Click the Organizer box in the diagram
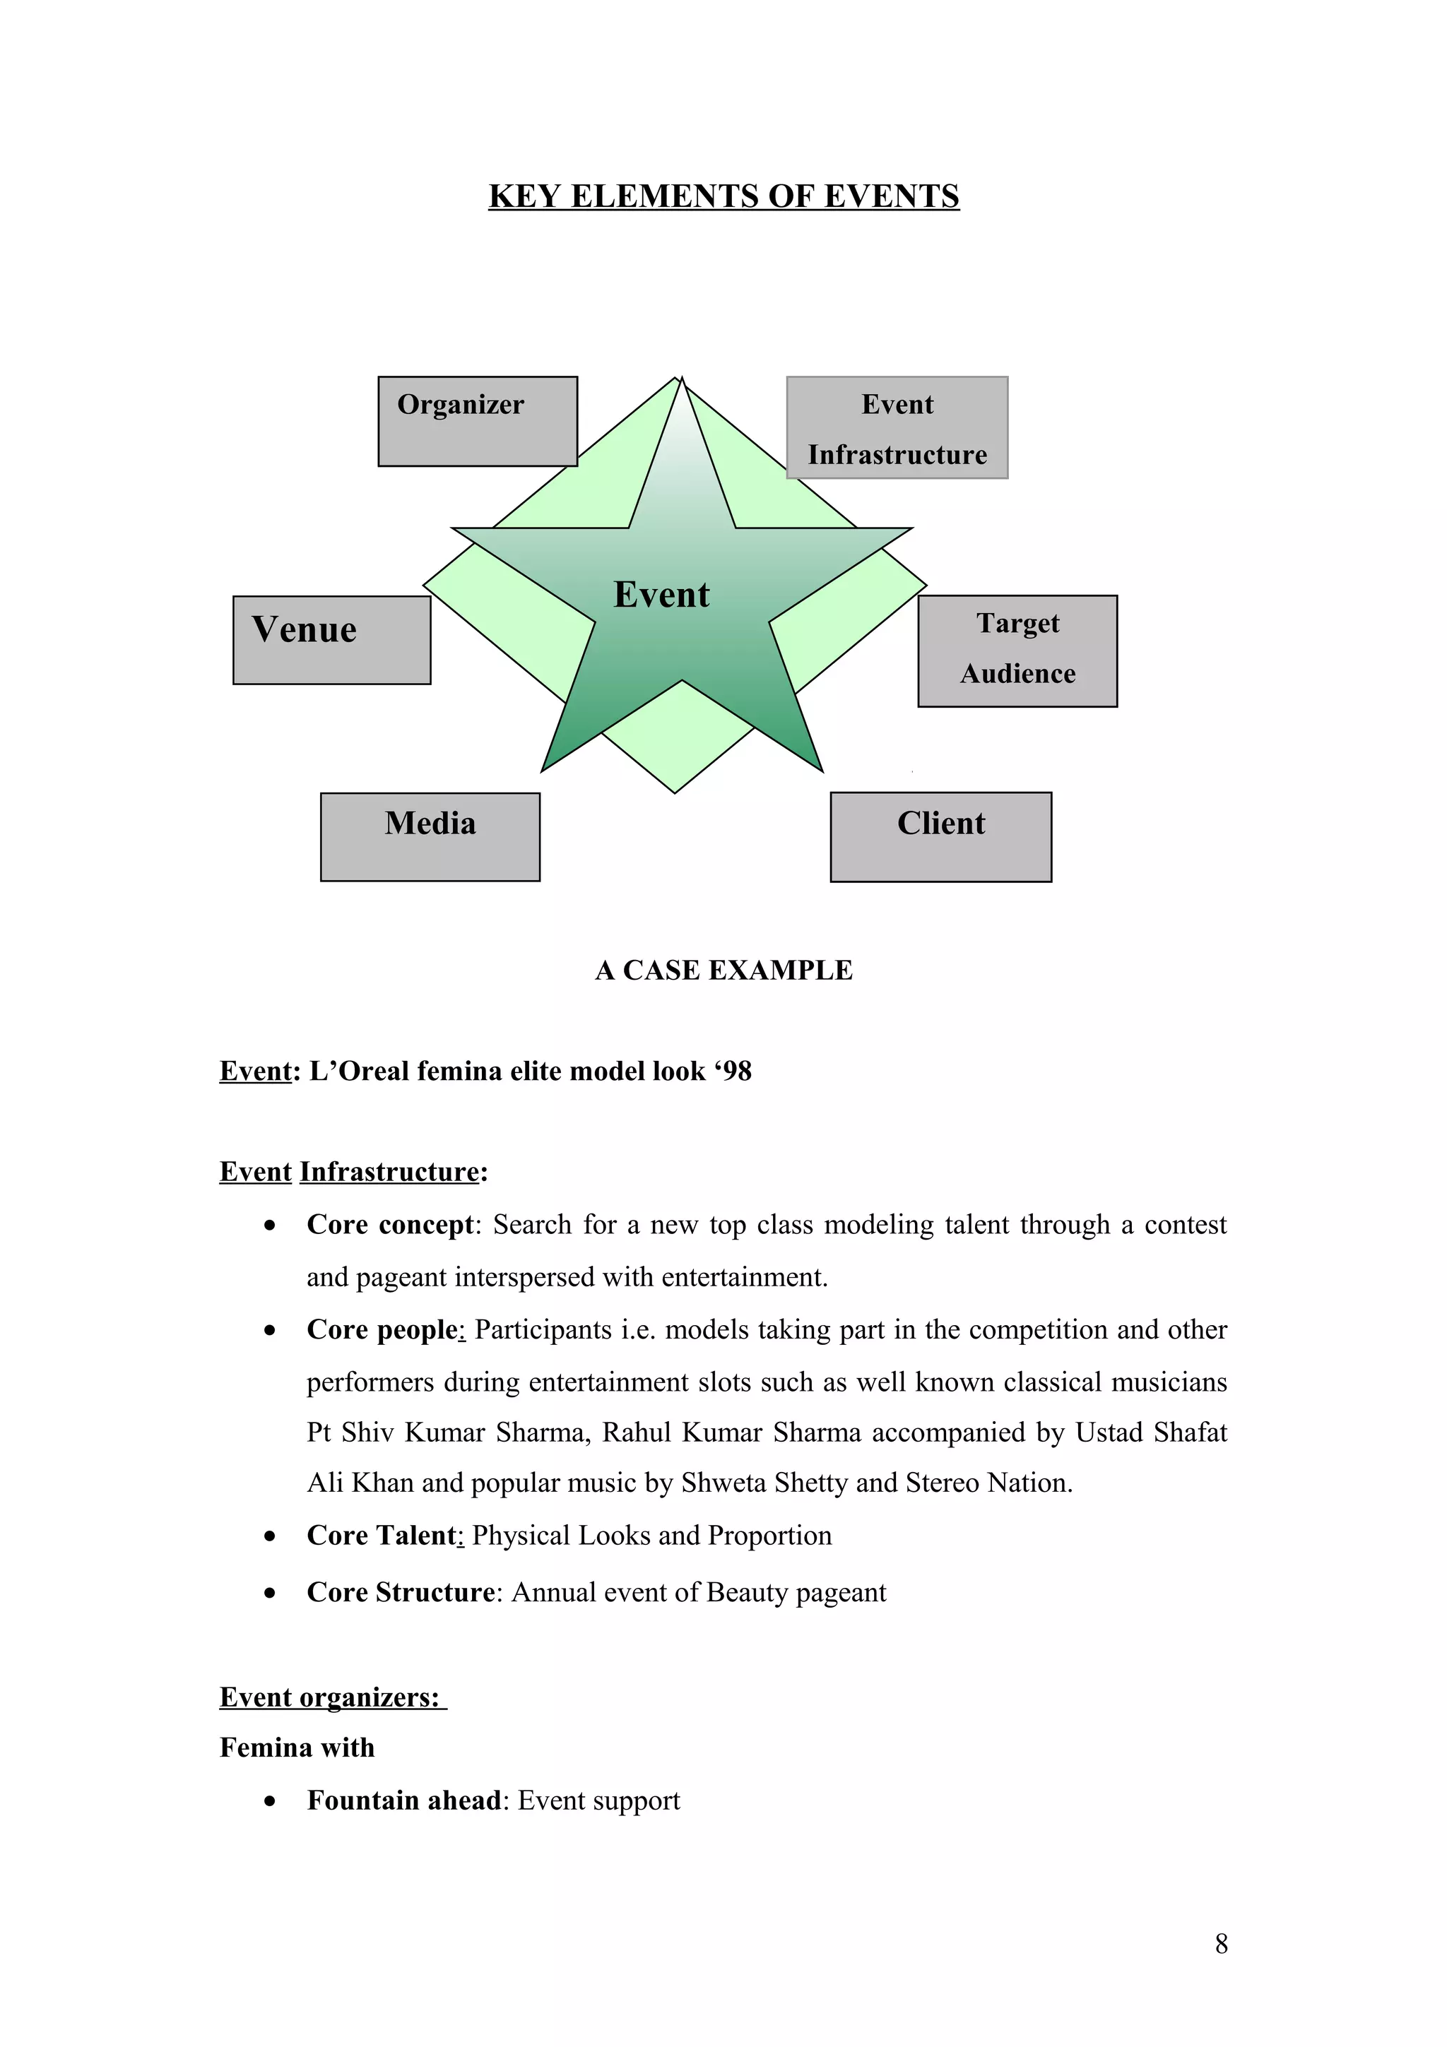[x=477, y=421]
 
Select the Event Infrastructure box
[x=896, y=428]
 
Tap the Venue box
[x=331, y=640]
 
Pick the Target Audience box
[x=1017, y=651]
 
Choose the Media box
[x=430, y=836]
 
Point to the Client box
[x=940, y=836]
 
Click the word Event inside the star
[x=661, y=595]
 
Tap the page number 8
[x=1220, y=1944]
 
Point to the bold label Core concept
[x=389, y=1225]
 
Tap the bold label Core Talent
[x=382, y=1536]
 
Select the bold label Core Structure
[x=401, y=1592]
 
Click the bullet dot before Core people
[x=269, y=1331]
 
